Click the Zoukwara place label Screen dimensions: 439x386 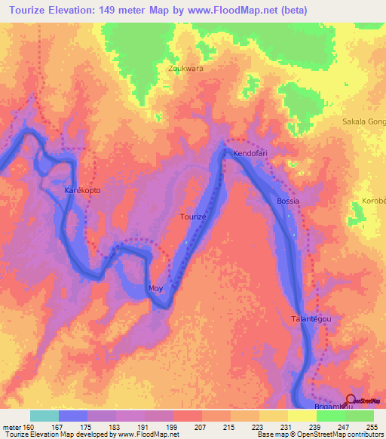click(x=185, y=67)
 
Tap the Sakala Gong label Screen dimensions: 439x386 click(x=364, y=121)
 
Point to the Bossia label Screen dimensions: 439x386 click(x=288, y=201)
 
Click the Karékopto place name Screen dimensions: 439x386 click(x=82, y=190)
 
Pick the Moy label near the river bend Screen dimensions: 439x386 click(x=155, y=288)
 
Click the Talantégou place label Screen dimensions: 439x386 click(x=311, y=319)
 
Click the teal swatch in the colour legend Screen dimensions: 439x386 click(x=44, y=416)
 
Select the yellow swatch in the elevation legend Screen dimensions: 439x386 click(x=305, y=416)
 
